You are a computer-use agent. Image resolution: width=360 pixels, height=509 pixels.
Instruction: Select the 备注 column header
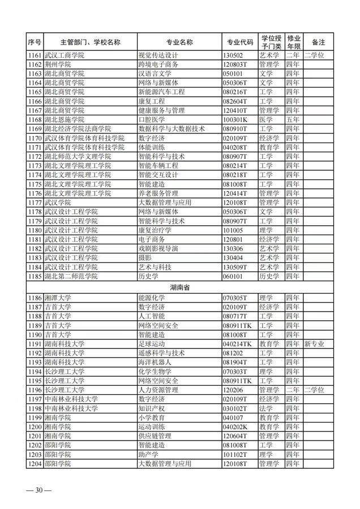tap(318, 42)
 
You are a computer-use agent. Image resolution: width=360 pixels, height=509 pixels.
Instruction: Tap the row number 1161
tap(35, 55)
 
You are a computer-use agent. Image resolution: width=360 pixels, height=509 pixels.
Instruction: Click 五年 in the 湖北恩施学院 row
tap(293, 119)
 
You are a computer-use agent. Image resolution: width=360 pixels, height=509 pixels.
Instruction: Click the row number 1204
tap(35, 464)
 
